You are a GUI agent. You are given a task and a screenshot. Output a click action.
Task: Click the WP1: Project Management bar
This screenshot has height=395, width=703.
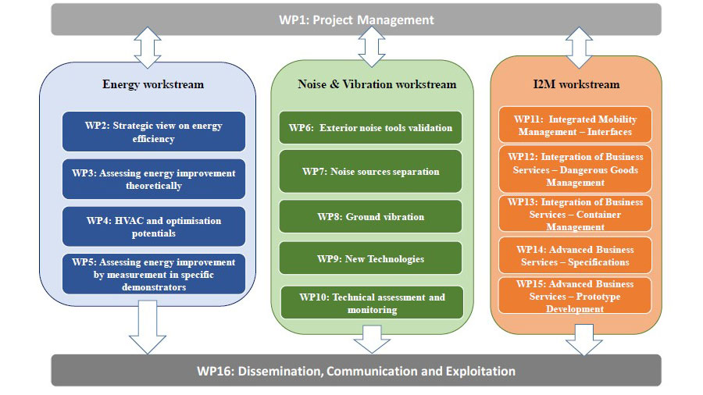(x=356, y=20)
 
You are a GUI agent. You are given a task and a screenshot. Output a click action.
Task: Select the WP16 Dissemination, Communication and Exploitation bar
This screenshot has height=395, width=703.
(x=356, y=371)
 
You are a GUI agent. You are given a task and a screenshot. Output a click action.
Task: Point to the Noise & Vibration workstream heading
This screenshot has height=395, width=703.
(x=377, y=84)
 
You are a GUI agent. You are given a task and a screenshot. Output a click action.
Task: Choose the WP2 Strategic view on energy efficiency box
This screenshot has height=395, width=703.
(x=154, y=132)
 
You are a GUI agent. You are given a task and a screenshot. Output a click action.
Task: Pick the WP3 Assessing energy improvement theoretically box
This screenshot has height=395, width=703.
(x=154, y=180)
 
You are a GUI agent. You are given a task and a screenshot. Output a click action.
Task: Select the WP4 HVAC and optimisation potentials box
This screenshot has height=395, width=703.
(x=154, y=226)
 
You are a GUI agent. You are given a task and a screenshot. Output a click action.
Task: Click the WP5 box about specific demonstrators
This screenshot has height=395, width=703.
(x=154, y=274)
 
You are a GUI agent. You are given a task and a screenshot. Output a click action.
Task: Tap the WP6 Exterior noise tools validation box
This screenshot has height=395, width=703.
(x=370, y=128)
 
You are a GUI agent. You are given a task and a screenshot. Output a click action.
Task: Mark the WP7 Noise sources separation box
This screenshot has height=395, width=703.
(x=370, y=172)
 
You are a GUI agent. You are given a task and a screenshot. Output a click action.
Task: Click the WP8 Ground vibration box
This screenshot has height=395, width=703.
(x=370, y=216)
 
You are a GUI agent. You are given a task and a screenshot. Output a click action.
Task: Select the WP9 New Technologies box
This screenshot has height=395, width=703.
(x=370, y=258)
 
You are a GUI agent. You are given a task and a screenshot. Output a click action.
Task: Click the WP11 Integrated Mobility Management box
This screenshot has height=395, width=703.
(x=575, y=126)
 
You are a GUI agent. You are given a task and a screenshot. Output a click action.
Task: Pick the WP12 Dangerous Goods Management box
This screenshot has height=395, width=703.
(x=575, y=169)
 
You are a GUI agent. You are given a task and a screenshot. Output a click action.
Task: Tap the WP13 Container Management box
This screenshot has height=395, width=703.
(x=575, y=214)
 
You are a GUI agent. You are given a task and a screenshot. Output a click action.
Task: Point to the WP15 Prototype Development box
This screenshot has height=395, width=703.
(x=575, y=296)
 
